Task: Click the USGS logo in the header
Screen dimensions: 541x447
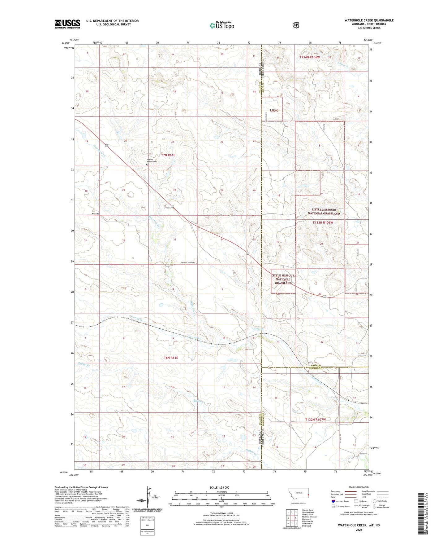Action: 67,24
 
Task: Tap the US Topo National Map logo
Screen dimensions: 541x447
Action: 221,25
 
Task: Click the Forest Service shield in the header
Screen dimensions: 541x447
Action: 296,25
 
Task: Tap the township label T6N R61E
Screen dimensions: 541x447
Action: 171,358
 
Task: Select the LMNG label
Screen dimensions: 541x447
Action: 274,110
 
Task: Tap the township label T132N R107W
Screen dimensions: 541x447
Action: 315,420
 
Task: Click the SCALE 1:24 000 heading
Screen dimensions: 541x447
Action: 219,487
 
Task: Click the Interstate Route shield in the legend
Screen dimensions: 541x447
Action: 333,501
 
